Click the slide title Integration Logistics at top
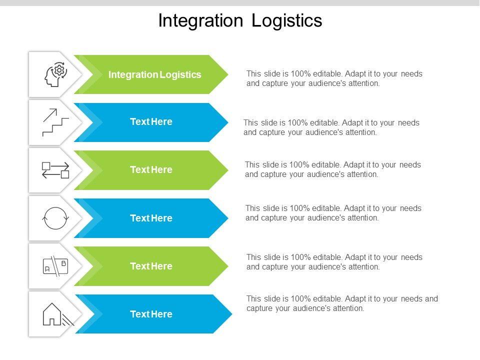(240, 21)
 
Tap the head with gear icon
(55, 74)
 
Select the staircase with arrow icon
(55, 122)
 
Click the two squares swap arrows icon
(55, 170)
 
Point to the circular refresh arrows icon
(55, 218)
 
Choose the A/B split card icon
(55, 266)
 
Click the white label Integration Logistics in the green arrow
(154, 74)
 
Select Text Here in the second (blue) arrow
(151, 122)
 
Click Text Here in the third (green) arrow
(151, 169)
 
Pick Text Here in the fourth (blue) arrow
(151, 218)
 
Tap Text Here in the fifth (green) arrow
(151, 266)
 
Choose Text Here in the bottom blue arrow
(151, 314)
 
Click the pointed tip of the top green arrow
(228, 74)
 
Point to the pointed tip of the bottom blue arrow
(232, 314)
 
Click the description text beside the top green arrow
(334, 78)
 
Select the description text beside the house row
(342, 303)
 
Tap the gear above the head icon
(59, 70)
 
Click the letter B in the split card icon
(63, 263)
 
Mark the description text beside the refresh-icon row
(333, 213)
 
